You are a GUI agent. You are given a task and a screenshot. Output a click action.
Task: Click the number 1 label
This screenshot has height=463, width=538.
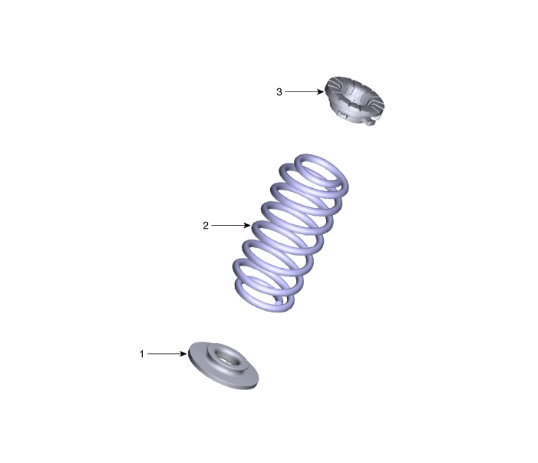pyautogui.click(x=141, y=354)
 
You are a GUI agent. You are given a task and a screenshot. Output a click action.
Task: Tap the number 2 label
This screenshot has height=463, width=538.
pyautogui.click(x=206, y=226)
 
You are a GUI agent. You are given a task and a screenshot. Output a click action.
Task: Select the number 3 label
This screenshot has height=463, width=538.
pyautogui.click(x=279, y=92)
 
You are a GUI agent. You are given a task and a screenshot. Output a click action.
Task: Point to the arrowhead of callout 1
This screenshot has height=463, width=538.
pyautogui.click(x=183, y=354)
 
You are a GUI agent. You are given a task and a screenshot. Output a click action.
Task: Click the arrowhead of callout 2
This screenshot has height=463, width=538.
pyautogui.click(x=247, y=225)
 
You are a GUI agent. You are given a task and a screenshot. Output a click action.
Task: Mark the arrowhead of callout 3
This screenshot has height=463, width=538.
pyautogui.click(x=321, y=91)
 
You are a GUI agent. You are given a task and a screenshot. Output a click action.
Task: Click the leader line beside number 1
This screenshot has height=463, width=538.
pyautogui.click(x=167, y=354)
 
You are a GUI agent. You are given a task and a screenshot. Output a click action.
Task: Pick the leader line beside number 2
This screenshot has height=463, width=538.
pyautogui.click(x=231, y=225)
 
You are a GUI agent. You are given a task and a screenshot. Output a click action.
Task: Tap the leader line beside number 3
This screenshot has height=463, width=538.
pyautogui.click(x=305, y=91)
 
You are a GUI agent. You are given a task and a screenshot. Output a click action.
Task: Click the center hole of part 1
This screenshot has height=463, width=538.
pyautogui.click(x=226, y=359)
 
